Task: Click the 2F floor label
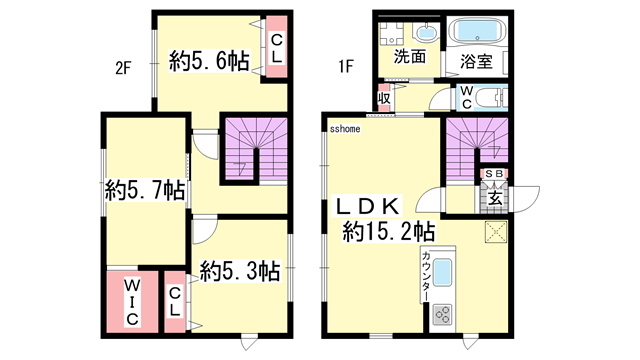click(x=123, y=69)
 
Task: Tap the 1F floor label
click(x=345, y=69)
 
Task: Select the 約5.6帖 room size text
click(x=209, y=62)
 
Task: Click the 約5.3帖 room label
click(x=239, y=270)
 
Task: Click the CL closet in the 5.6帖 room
click(x=277, y=48)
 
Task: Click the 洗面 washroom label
click(x=410, y=57)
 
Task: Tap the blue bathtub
click(x=476, y=30)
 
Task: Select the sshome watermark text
click(x=345, y=129)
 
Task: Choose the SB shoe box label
click(x=494, y=174)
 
